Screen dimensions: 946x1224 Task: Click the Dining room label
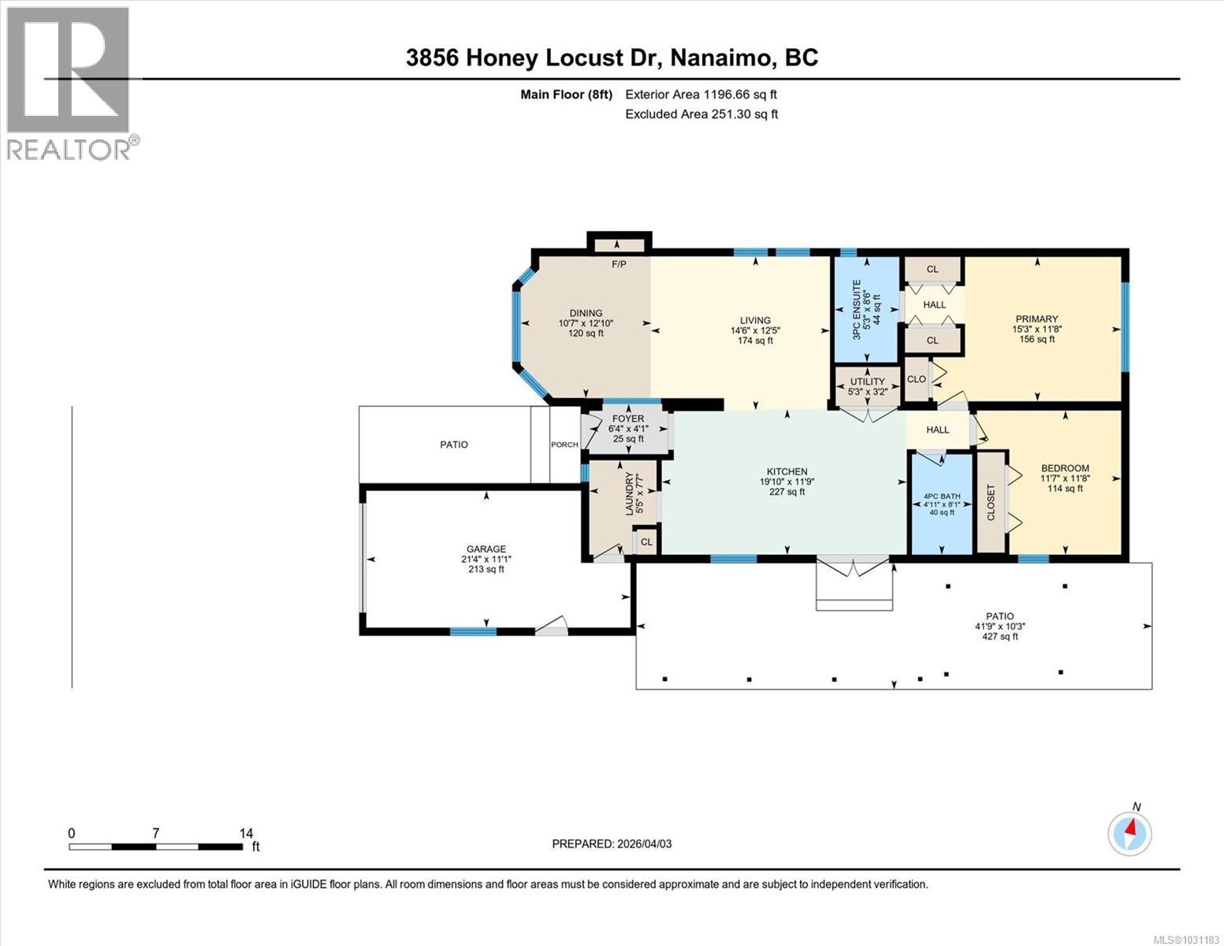(586, 313)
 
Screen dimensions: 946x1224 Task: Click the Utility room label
(866, 382)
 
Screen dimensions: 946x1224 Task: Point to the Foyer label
(627, 419)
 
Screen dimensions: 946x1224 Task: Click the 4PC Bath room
(941, 504)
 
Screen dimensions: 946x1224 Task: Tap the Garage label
(486, 549)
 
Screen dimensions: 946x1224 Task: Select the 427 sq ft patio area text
(999, 636)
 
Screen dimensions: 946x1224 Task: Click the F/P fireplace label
(619, 264)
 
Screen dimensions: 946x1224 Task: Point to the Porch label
(564, 445)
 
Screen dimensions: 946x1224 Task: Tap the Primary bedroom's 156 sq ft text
(1036, 340)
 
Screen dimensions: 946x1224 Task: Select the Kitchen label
(783, 471)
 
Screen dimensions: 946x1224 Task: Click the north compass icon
(1129, 832)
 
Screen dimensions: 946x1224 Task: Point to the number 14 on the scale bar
(246, 833)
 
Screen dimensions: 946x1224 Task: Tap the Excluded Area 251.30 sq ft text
(701, 114)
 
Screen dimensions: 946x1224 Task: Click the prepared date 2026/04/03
(644, 844)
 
